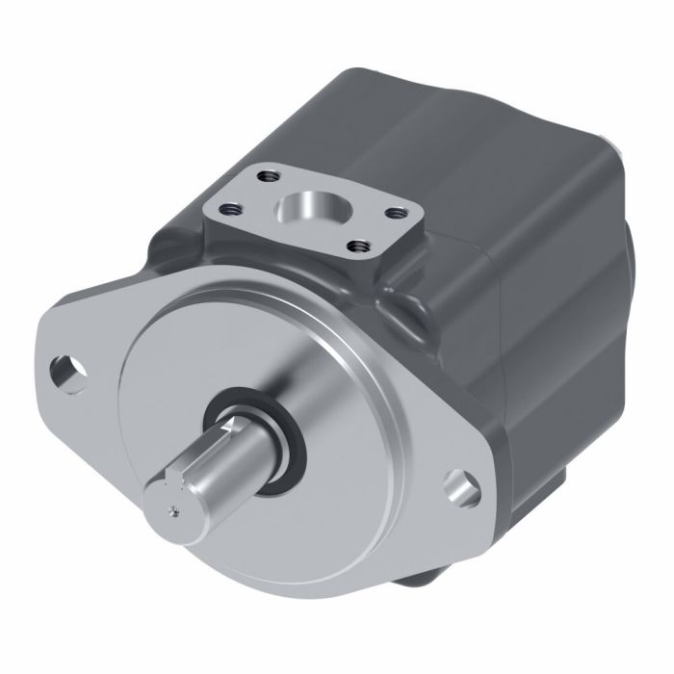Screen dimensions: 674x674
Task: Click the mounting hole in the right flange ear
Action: pyautogui.click(x=465, y=485)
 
